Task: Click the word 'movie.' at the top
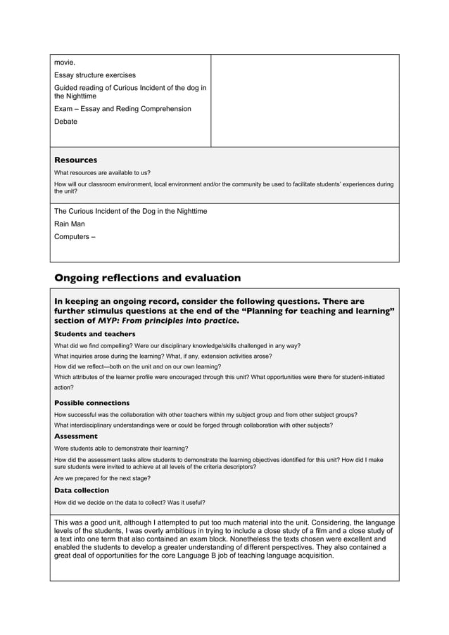[65, 63]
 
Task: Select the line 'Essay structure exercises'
[95, 75]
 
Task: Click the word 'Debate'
[66, 122]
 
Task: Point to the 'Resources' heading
[76, 160]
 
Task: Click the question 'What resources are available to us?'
[102, 172]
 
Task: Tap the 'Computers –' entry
[75, 236]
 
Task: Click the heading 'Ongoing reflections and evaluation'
[148, 278]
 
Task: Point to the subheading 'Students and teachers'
[95, 334]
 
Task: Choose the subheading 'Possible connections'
[92, 403]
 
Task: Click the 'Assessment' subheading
[76, 436]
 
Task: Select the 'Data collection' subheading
[82, 490]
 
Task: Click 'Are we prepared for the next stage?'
[102, 478]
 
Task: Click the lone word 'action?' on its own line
[63, 387]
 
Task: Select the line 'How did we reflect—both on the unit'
[137, 366]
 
